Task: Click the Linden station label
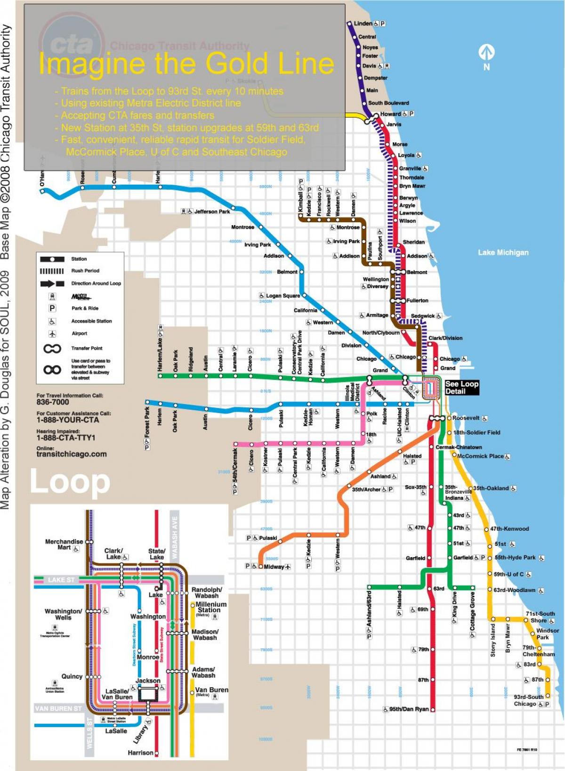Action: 363,23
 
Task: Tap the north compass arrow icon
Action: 486,52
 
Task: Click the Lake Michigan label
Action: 503,252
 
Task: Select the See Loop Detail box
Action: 461,388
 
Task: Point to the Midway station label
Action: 274,567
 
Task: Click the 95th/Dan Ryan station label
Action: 409,709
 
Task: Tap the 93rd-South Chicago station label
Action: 528,700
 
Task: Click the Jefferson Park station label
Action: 212,211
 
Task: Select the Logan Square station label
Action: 282,296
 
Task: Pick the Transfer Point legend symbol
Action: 52,349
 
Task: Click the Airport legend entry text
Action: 79,333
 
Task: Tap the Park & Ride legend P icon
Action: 52,308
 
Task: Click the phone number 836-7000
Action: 53,402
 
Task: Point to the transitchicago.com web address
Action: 72,454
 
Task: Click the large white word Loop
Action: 70,481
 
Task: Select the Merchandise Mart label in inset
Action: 64,544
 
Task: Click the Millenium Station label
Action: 211,607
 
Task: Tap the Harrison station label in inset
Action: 140,753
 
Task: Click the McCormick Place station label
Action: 480,456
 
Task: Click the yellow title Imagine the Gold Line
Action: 186,64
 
